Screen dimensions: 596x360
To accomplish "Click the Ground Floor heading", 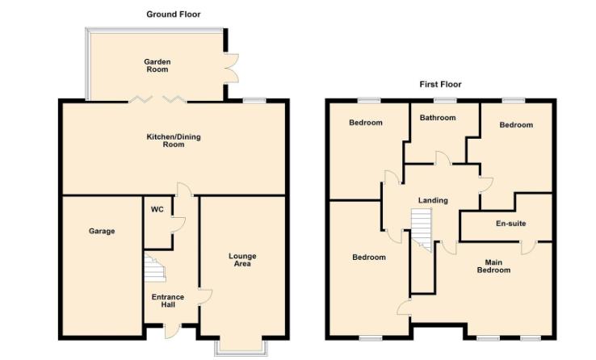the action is pyautogui.click(x=174, y=15).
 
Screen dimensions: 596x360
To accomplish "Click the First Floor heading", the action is pyautogui.click(x=440, y=84).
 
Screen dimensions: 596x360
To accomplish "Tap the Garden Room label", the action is pyautogui.click(x=157, y=65).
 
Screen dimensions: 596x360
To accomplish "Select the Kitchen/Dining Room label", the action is pyautogui.click(x=174, y=140).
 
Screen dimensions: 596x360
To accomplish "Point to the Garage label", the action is pyautogui.click(x=102, y=231).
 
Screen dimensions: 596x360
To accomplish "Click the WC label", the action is pyautogui.click(x=157, y=210).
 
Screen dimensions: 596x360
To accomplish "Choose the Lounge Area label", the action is pyautogui.click(x=242, y=260).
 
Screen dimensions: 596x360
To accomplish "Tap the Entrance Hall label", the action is pyautogui.click(x=168, y=301).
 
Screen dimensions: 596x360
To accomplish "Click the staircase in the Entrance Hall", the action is pyautogui.click(x=155, y=268).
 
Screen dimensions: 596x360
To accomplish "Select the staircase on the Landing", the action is pyautogui.click(x=422, y=229).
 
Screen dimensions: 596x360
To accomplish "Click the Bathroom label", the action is pyautogui.click(x=438, y=118).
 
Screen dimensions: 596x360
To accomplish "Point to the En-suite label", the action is pyautogui.click(x=511, y=224).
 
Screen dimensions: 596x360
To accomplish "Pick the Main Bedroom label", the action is pyautogui.click(x=493, y=266).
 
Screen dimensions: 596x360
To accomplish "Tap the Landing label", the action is pyautogui.click(x=433, y=200).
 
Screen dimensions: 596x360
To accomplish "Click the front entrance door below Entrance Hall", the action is pyautogui.click(x=172, y=330).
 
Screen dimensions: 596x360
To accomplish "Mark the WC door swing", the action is pyautogui.click(x=178, y=224).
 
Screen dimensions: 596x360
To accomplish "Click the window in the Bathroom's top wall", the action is pyautogui.click(x=445, y=101).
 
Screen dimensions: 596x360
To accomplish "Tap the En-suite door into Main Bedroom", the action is pyautogui.click(x=529, y=247).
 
